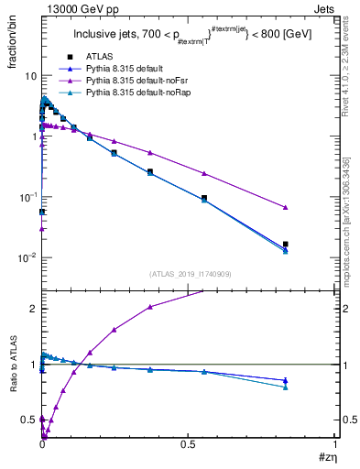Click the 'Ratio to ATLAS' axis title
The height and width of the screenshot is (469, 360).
coord(12,364)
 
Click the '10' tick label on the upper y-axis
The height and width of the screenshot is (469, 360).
coord(30,76)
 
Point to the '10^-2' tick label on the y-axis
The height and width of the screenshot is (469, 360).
coord(27,258)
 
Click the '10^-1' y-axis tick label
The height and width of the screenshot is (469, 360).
coord(27,197)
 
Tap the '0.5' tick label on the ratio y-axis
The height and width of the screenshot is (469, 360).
coord(28,420)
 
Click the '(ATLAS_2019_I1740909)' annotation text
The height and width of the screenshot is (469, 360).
coord(190,275)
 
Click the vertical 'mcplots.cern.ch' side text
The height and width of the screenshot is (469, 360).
coord(351,229)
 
